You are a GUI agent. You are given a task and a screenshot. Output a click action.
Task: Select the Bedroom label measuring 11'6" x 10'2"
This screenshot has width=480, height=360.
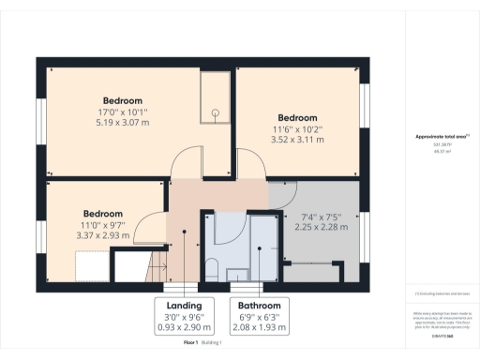click(298, 118)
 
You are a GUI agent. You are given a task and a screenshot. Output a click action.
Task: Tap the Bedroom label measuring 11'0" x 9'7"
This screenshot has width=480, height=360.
click(103, 213)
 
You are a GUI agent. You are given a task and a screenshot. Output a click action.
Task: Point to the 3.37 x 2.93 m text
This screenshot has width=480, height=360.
click(103, 236)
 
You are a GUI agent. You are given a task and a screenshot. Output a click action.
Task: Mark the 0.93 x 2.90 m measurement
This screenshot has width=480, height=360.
click(184, 327)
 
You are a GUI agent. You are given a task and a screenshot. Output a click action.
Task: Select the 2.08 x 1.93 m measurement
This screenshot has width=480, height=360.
click(259, 327)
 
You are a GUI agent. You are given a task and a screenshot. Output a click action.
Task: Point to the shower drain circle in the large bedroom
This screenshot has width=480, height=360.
click(216, 112)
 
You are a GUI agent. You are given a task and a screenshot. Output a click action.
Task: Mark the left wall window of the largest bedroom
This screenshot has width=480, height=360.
click(40, 122)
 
